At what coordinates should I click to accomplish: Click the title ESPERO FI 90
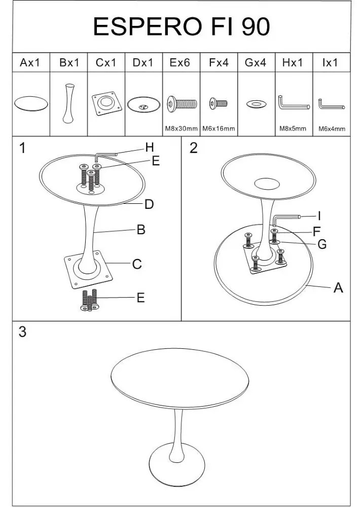tap(181, 26)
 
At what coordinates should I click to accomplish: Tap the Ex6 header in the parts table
tap(179, 62)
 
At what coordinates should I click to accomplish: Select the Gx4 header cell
tap(256, 62)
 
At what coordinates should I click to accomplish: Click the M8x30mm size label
tap(181, 128)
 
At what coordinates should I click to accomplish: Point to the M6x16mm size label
tap(219, 128)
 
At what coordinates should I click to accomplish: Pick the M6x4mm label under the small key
tap(332, 129)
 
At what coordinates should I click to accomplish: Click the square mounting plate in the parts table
tap(107, 103)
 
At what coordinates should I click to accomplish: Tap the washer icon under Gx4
tap(256, 104)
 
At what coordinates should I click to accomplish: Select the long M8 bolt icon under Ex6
tap(182, 104)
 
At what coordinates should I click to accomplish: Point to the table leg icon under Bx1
tap(69, 103)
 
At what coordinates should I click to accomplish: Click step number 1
tap(22, 149)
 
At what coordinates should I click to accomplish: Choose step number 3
tap(22, 332)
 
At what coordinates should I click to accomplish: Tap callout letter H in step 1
tap(150, 148)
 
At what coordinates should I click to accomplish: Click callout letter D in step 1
tap(149, 204)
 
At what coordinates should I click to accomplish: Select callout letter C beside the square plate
tap(137, 264)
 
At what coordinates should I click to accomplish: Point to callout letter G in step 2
tap(322, 244)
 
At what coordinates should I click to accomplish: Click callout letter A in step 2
tap(338, 287)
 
